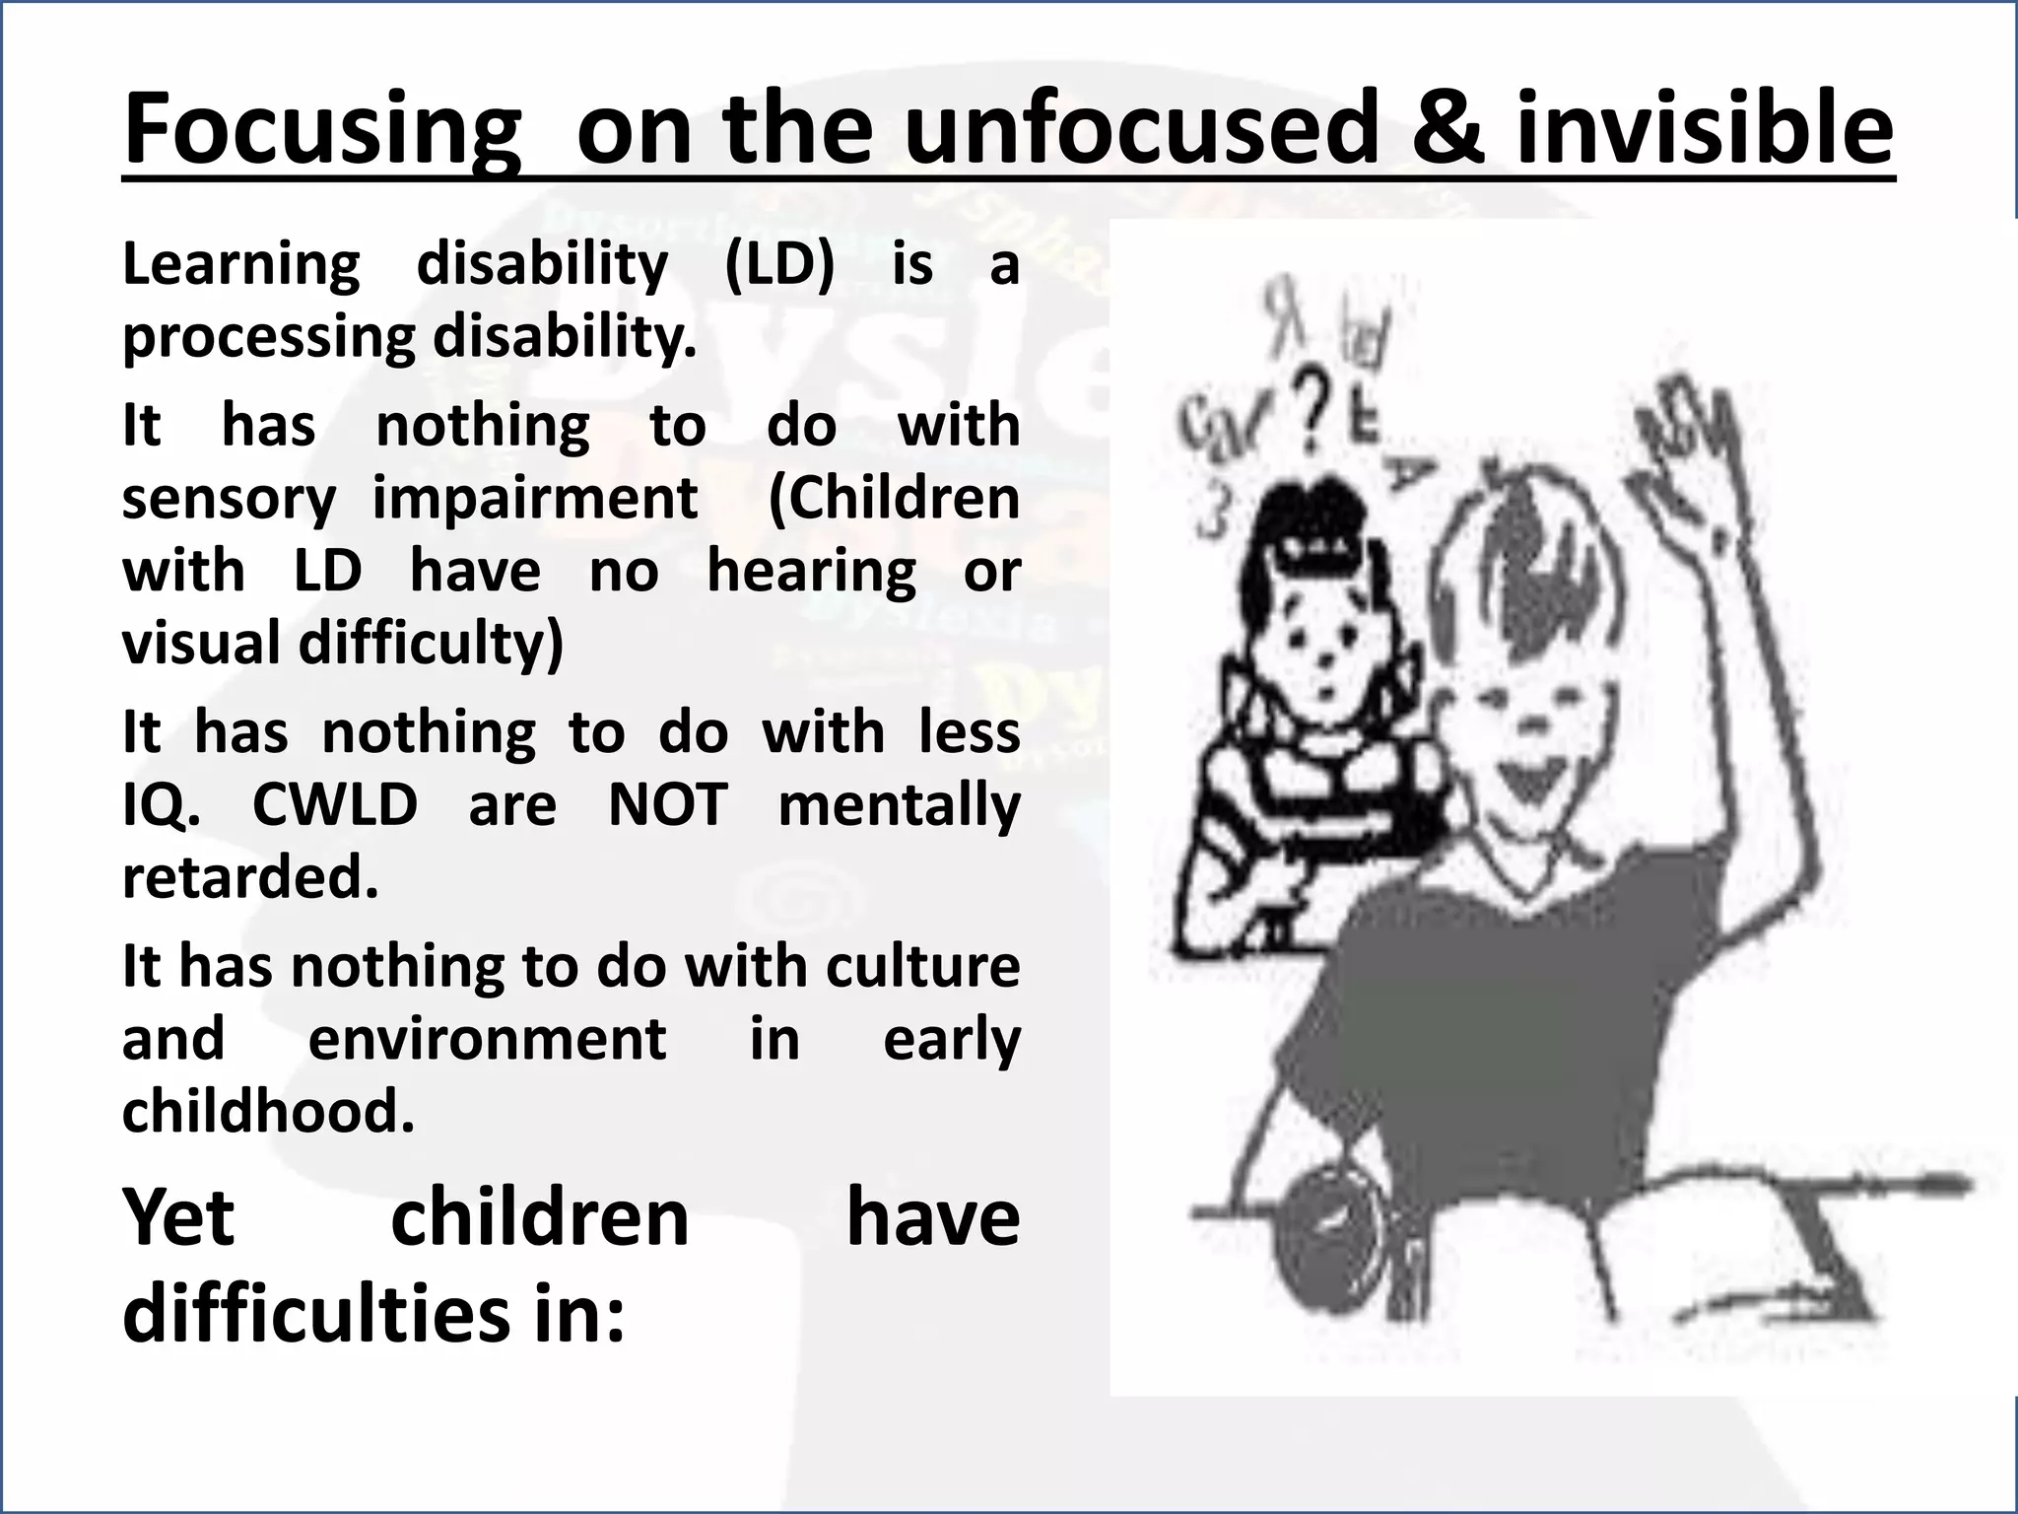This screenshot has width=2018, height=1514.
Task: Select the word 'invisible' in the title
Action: coord(1704,130)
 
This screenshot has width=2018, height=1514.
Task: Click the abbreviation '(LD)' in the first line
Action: coord(778,264)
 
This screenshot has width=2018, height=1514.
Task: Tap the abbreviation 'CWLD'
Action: coord(335,805)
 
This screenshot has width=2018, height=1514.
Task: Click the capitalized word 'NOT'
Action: coord(667,805)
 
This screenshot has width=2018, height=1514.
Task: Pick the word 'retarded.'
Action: coord(250,877)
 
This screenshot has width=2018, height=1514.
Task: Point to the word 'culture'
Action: coord(922,966)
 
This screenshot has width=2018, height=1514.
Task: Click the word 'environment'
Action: coord(487,1039)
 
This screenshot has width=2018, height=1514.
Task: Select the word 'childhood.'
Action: coord(268,1112)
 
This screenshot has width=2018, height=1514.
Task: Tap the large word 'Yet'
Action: coord(178,1218)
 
